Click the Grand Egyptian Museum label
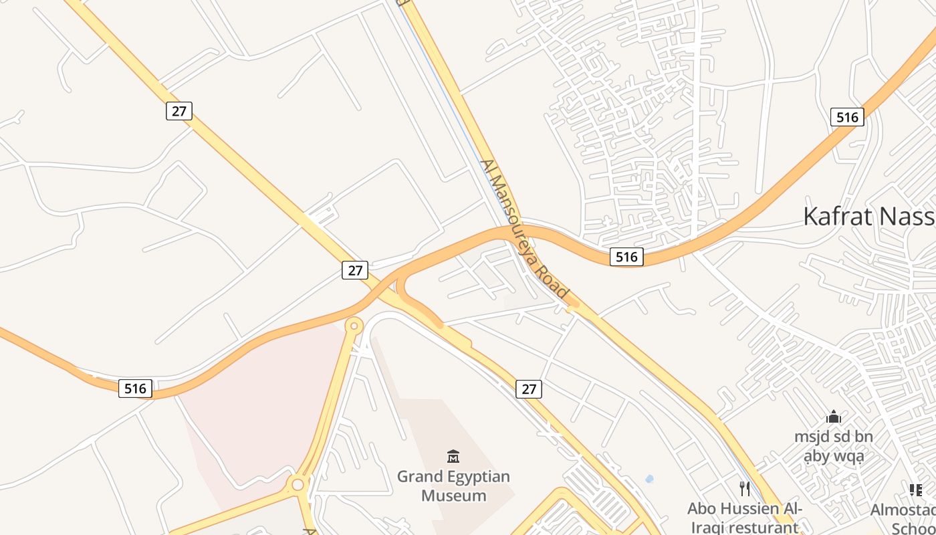[x=453, y=486]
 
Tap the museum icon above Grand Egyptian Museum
[x=453, y=457]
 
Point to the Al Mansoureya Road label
[x=524, y=229]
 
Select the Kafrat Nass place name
[x=868, y=217]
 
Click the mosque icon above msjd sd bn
[x=834, y=417]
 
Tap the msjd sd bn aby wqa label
[x=833, y=447]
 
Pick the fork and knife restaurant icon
[x=745, y=489]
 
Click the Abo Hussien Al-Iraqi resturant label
[x=745, y=518]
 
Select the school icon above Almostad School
[x=915, y=490]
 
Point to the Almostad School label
[x=904, y=519]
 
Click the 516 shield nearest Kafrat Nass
[x=847, y=117]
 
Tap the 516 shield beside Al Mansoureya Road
[x=626, y=256]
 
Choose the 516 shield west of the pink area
[x=136, y=388]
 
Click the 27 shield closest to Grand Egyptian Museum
[x=529, y=389]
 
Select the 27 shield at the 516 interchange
[x=355, y=270]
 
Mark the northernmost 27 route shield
[x=179, y=110]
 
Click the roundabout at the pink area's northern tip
[x=354, y=326]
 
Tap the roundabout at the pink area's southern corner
[x=298, y=484]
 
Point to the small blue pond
[x=649, y=479]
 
